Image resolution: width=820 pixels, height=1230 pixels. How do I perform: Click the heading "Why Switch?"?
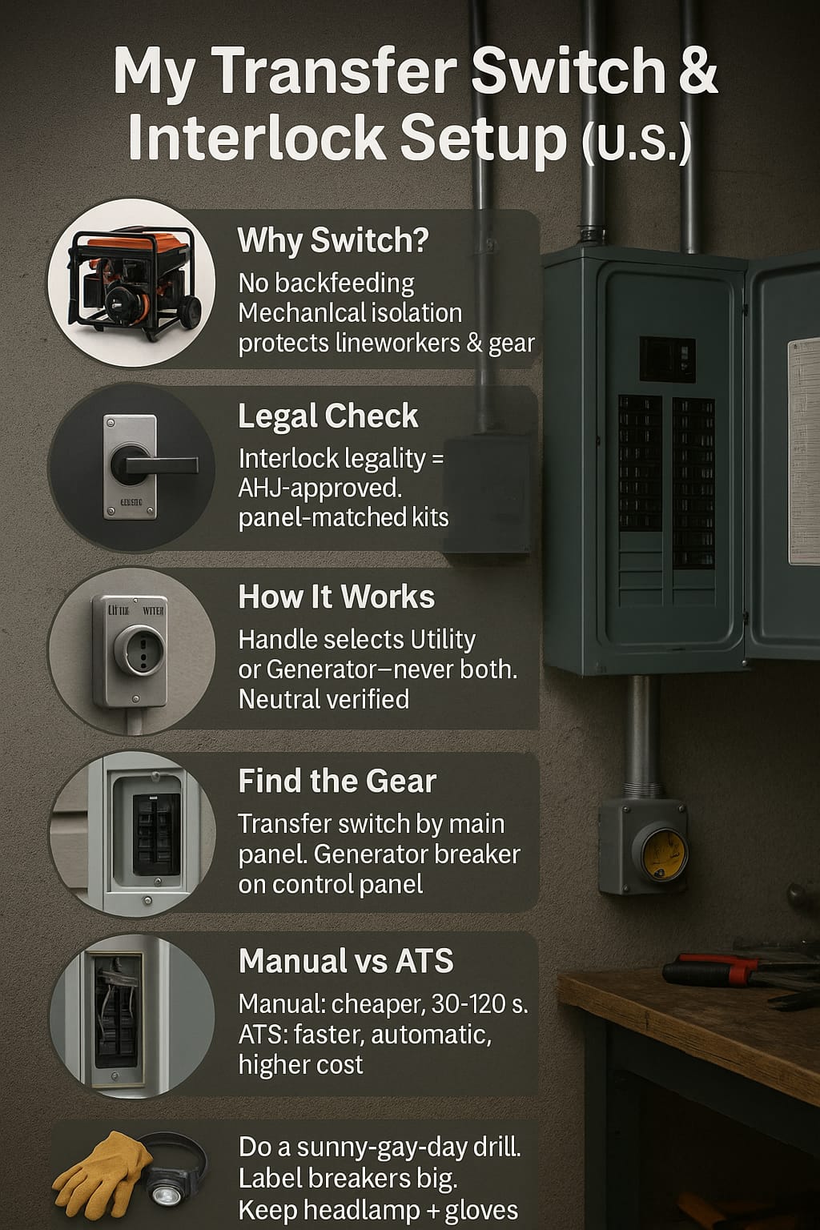[333, 240]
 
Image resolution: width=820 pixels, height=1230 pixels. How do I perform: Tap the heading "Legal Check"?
[328, 416]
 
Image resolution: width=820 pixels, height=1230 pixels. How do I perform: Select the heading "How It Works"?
[336, 597]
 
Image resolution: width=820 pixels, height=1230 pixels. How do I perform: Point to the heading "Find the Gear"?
[337, 780]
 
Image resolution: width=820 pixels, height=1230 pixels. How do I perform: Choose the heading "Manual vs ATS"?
[346, 961]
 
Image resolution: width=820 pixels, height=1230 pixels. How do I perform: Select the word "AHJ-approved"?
[320, 488]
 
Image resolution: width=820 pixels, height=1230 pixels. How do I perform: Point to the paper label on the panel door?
[804, 452]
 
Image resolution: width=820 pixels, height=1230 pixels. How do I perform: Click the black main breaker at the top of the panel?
[667, 360]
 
